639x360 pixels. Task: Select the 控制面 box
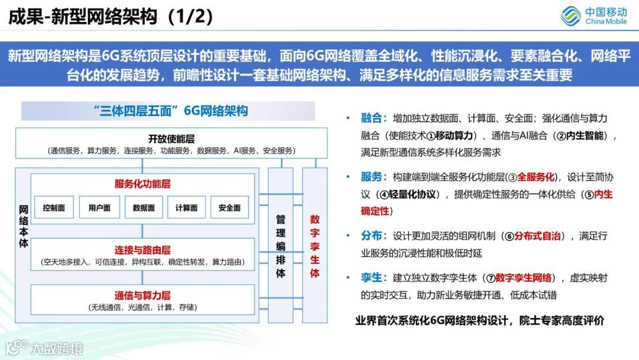tap(54, 208)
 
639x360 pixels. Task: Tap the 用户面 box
tap(99, 208)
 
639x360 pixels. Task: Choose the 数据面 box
tap(144, 208)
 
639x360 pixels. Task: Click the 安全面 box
tap(230, 208)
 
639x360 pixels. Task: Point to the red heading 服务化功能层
tap(142, 184)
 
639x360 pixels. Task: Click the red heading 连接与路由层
tap(142, 250)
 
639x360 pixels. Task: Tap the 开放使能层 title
tap(171, 139)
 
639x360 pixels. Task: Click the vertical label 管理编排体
tap(280, 246)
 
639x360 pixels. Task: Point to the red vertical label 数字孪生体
tap(315, 246)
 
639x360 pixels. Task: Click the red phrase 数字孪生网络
tap(524, 278)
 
